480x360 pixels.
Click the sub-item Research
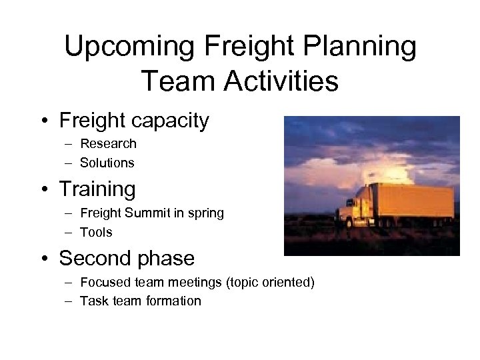pos(108,143)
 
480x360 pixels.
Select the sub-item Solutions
pos(107,162)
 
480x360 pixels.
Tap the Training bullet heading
pos(97,189)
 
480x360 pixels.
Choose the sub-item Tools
pos(96,232)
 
